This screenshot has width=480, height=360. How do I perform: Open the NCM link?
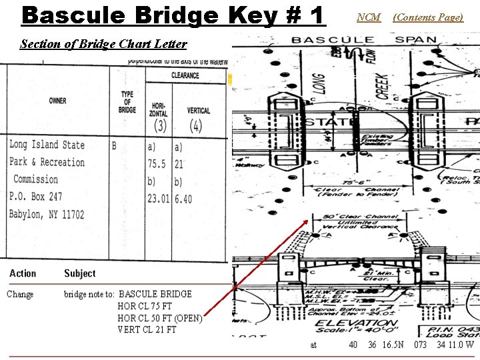369,17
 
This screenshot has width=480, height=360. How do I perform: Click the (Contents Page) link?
427,17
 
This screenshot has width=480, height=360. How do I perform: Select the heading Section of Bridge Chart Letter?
103,45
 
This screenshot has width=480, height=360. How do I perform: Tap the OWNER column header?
57,101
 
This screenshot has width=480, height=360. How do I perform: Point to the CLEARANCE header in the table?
185,75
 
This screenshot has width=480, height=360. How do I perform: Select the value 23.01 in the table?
159,199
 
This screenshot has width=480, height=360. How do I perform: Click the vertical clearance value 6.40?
183,199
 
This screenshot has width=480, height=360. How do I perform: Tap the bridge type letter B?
114,145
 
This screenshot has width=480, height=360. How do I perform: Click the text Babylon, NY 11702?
47,215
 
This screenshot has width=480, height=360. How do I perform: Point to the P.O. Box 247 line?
36,197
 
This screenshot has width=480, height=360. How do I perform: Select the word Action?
23,273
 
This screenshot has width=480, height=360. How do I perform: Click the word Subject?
79,273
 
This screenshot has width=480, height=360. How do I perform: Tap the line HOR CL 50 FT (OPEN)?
159,318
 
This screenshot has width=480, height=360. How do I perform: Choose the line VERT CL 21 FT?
147,329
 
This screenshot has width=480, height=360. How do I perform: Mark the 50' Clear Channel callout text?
360,217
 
